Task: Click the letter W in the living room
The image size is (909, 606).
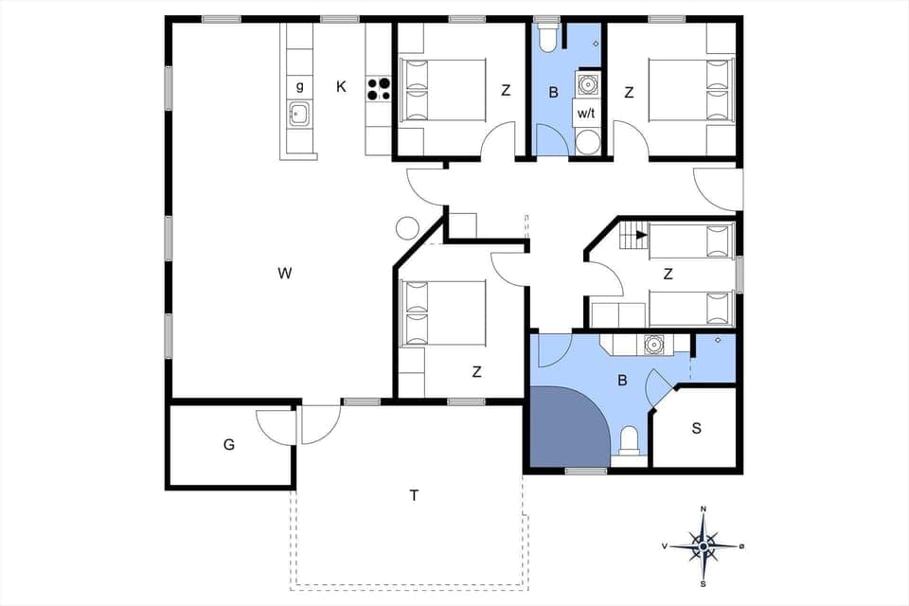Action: pyautogui.click(x=284, y=275)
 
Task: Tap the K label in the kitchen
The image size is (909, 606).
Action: pyautogui.click(x=341, y=87)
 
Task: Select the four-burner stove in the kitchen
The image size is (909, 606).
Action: pyautogui.click(x=379, y=88)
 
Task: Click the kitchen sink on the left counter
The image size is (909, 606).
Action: pyautogui.click(x=300, y=116)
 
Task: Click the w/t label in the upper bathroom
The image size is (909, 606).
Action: pyautogui.click(x=587, y=113)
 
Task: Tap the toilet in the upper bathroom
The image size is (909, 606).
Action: pyautogui.click(x=546, y=39)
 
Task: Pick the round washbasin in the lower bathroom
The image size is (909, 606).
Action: pyautogui.click(x=652, y=344)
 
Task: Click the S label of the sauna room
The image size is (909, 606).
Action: pyautogui.click(x=696, y=428)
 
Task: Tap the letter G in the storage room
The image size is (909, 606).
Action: pyautogui.click(x=228, y=443)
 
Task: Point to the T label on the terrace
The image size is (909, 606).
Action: pyautogui.click(x=414, y=495)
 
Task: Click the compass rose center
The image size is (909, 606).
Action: pyautogui.click(x=704, y=546)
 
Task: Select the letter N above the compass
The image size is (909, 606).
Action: pyautogui.click(x=704, y=509)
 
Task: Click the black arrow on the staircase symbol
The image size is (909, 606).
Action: pyautogui.click(x=641, y=234)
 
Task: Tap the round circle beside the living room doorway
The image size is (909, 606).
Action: pyautogui.click(x=407, y=228)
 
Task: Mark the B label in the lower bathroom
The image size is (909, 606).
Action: pyautogui.click(x=622, y=382)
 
